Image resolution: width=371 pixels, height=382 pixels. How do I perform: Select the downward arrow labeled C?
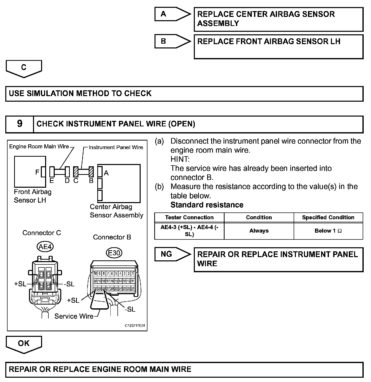coord(24,68)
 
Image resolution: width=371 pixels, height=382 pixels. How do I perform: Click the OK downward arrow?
coord(24,343)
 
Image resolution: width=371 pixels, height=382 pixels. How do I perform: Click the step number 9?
coord(20,124)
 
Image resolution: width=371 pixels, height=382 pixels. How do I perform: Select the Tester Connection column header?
coord(189,217)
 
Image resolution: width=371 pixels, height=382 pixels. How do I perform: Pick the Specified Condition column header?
coord(328,217)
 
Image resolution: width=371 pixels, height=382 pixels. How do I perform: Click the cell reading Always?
coord(259,231)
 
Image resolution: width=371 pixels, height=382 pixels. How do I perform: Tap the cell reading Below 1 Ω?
coord(328,231)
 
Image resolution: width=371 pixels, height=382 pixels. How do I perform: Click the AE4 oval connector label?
coord(45,247)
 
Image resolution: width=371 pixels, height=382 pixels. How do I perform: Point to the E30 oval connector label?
coord(114,253)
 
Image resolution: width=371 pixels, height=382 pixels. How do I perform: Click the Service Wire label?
coord(74,316)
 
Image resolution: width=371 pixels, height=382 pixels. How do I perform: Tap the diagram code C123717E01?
coord(135,325)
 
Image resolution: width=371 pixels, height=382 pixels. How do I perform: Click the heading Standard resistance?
coord(207,205)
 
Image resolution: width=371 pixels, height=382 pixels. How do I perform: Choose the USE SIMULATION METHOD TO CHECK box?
coord(184,94)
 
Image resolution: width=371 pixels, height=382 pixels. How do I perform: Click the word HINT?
coord(180,159)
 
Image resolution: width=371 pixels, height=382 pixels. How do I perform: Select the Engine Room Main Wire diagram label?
coord(39,147)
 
